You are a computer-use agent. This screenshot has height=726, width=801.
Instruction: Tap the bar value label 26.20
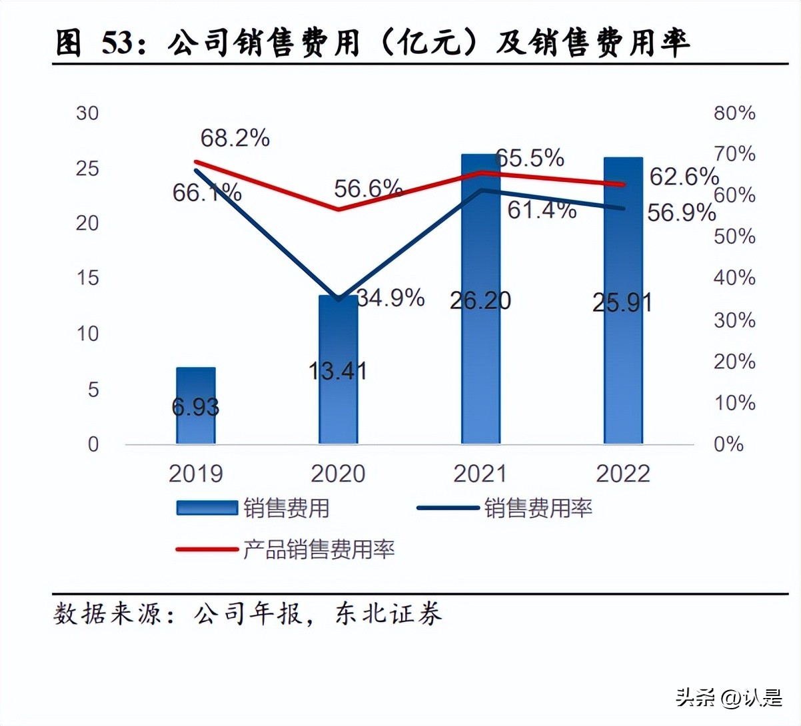pos(480,300)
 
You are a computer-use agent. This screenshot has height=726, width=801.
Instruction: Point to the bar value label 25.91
pos(622,302)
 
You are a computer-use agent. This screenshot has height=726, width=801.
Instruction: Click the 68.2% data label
pos(235,139)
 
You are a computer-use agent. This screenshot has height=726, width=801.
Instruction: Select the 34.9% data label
pos(391,298)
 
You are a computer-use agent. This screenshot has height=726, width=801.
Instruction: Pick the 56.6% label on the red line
pos(368,189)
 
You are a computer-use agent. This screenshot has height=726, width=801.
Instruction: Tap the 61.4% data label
pos(542,210)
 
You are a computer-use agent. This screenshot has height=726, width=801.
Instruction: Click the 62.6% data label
pos(684,177)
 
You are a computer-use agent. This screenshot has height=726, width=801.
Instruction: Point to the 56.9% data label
pos(681,213)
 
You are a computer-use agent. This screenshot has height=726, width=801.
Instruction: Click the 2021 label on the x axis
pos(480,474)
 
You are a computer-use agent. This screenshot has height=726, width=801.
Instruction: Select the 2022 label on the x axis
pos(622,474)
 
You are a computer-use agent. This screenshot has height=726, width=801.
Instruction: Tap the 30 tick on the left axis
pos(87,113)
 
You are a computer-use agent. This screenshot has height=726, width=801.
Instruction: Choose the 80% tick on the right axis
pos(734,113)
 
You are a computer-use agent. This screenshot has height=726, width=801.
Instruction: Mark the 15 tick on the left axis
pos(87,278)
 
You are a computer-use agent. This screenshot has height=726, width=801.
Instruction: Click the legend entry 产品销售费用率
pos(319,549)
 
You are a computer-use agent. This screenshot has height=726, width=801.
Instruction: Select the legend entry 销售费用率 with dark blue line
pos(538,508)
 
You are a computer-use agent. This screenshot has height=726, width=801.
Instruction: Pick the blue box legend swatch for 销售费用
pos(207,508)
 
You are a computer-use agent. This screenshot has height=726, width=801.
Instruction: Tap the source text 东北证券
pos(388,613)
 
